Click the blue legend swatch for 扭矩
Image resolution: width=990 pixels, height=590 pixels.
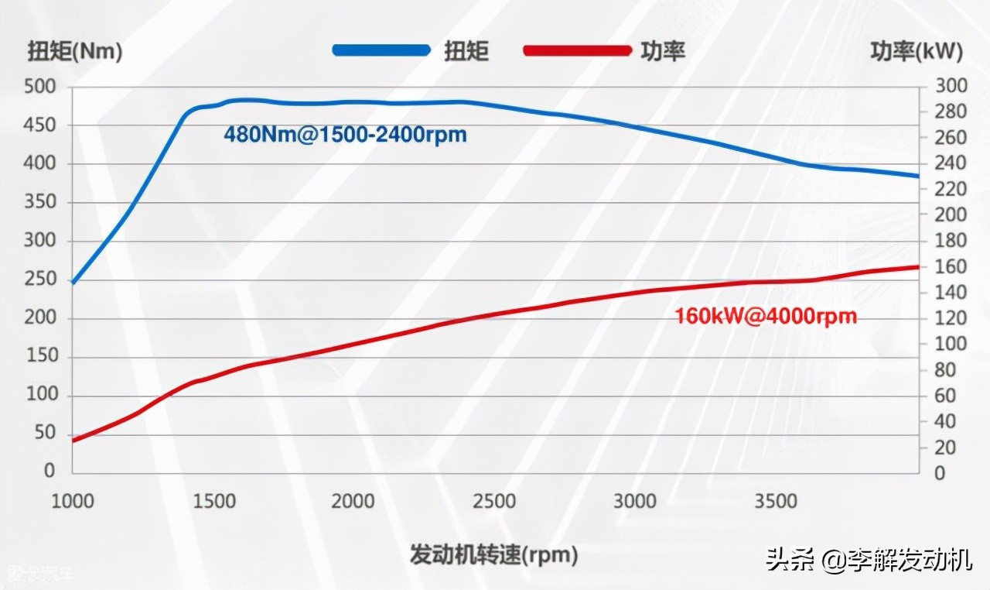[381, 50]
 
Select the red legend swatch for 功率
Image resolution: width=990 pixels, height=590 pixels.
[577, 50]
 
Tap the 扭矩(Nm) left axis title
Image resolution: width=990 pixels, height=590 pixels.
[75, 51]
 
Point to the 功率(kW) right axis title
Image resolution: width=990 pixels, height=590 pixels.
[917, 51]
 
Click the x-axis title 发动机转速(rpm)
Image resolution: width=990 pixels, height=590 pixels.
[494, 554]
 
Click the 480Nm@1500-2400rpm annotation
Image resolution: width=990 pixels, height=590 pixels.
[346, 135]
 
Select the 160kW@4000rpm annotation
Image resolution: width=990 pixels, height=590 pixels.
[766, 317]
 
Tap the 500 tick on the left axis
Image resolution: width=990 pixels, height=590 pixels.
[40, 87]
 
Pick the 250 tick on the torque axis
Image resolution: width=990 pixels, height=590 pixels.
[40, 279]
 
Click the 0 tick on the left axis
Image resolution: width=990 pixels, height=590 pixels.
[50, 471]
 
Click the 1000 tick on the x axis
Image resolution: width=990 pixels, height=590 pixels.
[73, 501]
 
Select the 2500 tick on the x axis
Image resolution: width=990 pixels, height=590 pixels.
[495, 501]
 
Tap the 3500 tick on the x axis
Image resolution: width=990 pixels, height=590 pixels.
[777, 501]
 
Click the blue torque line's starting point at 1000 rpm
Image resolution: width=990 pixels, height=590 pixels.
[73, 282]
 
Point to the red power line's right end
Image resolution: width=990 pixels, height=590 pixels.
[918, 266]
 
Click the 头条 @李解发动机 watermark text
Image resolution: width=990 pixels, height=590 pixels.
[869, 559]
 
